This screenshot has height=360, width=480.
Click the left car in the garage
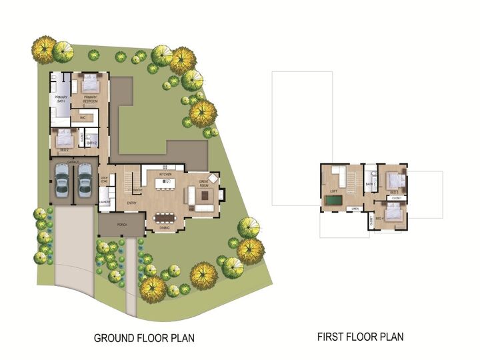coord(62,179)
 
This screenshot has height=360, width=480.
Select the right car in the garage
coord(84,179)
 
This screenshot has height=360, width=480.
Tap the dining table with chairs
coord(164,217)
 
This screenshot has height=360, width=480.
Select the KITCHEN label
coord(165,174)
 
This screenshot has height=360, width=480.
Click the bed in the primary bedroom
coord(88,85)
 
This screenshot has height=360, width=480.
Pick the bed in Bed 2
coord(64,139)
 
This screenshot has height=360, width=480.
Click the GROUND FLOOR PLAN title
coord(144,337)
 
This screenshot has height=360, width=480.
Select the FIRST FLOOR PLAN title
coord(360,337)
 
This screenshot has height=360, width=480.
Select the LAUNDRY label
coord(104,201)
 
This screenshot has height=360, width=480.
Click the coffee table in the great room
coord(204,196)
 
